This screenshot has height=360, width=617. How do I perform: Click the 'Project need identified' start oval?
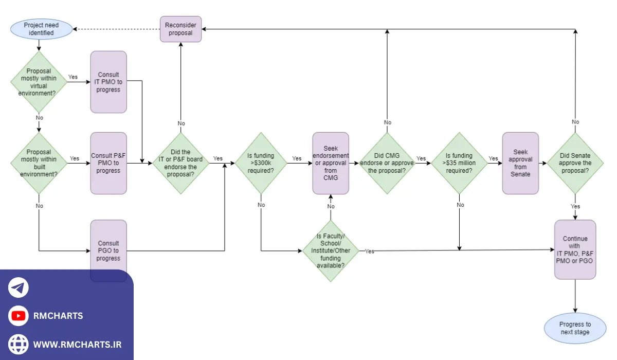42,29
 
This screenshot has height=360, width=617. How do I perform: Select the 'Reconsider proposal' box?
180,29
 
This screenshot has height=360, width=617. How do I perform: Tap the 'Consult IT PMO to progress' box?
108,82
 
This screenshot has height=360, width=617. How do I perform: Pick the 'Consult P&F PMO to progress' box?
108,163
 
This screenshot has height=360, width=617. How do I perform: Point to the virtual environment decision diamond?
39,82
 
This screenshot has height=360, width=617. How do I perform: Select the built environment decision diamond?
39,163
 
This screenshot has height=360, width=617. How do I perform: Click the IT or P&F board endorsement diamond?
180,163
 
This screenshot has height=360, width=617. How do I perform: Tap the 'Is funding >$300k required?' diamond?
261,163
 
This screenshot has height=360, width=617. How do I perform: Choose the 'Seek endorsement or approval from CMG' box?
331,163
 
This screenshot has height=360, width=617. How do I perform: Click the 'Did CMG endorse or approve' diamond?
387,163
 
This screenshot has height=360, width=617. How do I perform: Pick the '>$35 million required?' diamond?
458,163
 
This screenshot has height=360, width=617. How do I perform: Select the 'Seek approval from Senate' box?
520,163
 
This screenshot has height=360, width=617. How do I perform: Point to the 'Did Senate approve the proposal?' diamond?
575,163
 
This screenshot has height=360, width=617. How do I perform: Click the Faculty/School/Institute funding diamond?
331,250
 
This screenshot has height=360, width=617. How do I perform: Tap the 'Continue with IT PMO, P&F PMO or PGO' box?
575,249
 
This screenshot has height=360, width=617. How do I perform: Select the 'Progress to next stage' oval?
575,328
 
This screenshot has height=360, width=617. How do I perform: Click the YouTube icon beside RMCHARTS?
19,316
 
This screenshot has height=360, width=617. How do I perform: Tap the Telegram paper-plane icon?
19,288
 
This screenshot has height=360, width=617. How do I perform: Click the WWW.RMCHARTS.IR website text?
77,344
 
